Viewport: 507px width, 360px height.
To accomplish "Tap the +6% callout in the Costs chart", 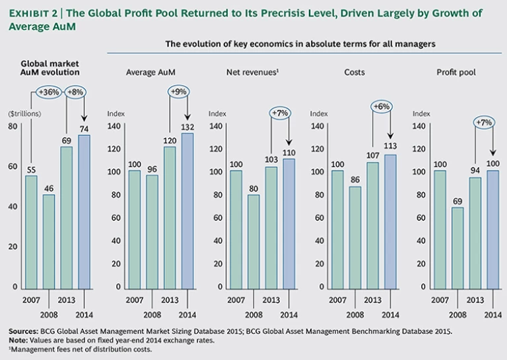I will pos(381,106).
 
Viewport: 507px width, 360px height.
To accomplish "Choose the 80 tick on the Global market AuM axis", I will pos(13,126).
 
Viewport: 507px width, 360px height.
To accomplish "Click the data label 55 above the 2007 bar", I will pos(32,169).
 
